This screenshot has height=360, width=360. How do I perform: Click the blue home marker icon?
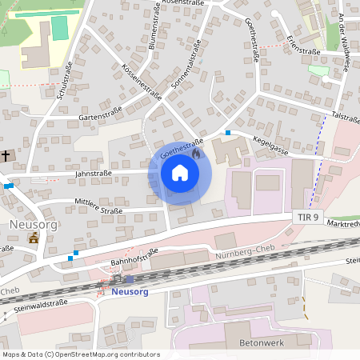179,173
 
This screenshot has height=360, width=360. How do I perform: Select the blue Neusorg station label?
130,292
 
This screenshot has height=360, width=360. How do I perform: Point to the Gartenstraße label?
99,114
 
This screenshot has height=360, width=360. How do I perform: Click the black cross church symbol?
7,155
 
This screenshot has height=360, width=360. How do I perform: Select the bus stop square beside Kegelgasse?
228,133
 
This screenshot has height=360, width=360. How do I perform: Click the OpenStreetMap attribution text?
81,354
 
